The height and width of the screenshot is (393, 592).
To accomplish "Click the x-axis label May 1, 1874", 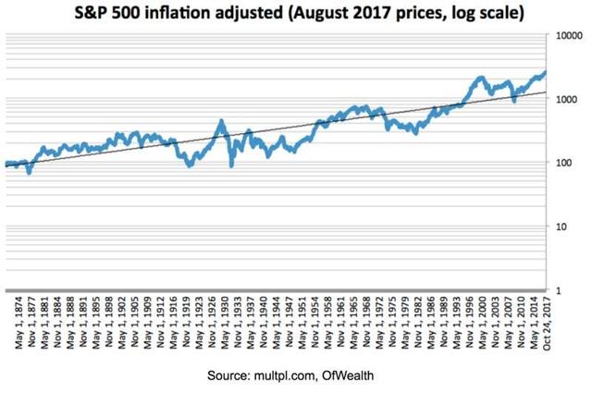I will click(x=8, y=323).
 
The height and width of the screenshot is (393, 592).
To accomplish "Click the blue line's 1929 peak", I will click(x=221, y=121).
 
